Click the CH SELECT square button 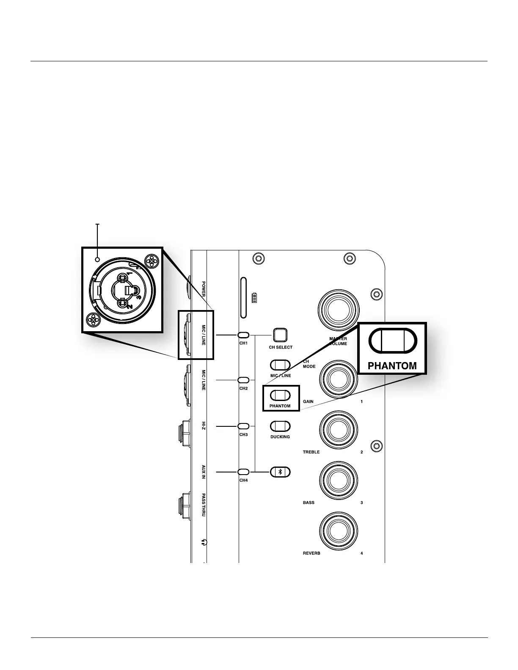(280, 335)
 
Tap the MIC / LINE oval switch (280, 365)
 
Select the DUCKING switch (280, 426)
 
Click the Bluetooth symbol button (280, 472)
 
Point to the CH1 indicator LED (243, 335)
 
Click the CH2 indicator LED (243, 380)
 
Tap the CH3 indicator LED (243, 426)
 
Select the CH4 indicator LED (243, 472)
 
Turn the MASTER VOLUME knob (339, 310)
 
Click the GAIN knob (339, 380)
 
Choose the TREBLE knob (339, 431)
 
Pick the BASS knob (339, 481)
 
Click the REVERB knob (339, 531)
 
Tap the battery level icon (254, 298)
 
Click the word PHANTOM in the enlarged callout (392, 366)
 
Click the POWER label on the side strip (204, 289)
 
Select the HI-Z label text (204, 426)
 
